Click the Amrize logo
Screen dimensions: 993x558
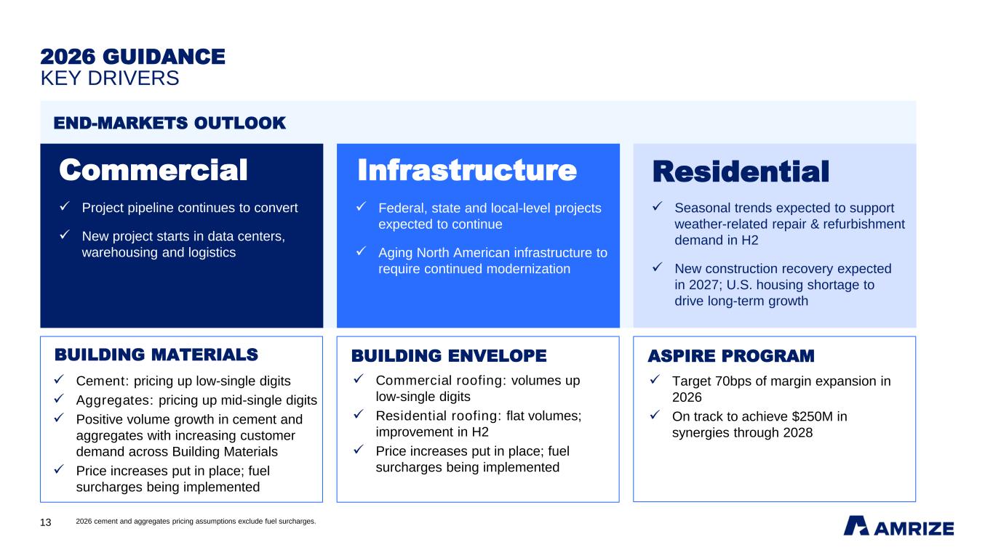coord(898,526)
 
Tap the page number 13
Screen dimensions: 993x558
coord(46,522)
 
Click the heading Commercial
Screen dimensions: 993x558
coord(153,170)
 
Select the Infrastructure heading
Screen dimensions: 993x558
coord(467,170)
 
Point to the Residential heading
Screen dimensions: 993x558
coord(741,171)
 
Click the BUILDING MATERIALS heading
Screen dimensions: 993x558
coord(156,355)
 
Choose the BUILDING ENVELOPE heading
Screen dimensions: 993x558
coord(449,355)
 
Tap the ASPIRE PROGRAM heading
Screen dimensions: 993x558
coord(731,355)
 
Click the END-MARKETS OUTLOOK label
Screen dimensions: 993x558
coord(170,123)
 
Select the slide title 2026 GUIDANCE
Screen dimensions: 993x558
coord(132,57)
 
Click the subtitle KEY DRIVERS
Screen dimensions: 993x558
coord(110,78)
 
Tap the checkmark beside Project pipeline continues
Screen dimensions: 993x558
coord(65,206)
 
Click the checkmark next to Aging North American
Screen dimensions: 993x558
coord(362,251)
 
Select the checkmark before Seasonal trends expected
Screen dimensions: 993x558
coord(658,206)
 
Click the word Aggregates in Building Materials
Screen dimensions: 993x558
coord(113,400)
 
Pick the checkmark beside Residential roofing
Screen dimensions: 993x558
coord(359,414)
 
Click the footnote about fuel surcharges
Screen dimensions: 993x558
coord(196,522)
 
